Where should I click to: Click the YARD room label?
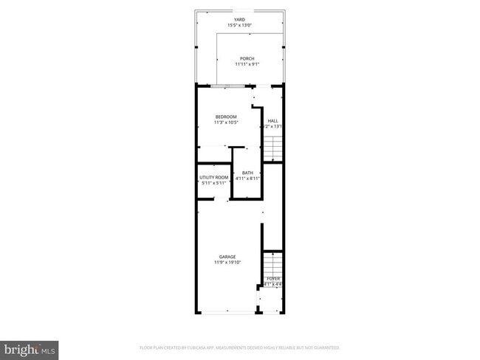coord(239,20)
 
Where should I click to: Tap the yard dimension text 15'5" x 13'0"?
coord(239,27)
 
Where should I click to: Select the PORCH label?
coord(247,58)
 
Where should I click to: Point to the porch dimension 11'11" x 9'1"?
coord(247,64)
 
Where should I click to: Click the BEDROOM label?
coord(226,117)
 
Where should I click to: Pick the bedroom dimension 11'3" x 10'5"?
coord(226,122)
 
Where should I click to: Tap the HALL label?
coord(272,120)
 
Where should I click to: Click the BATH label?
coord(247,173)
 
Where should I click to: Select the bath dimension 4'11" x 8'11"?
coord(247,179)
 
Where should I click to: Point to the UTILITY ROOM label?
coord(213,178)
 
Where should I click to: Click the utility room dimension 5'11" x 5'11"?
coord(213,184)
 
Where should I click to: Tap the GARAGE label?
coord(227,257)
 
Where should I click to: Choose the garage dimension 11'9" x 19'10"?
coord(227,263)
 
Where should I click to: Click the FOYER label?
coord(273,278)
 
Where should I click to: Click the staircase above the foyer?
coord(273,263)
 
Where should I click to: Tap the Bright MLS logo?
coord(30,349)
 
